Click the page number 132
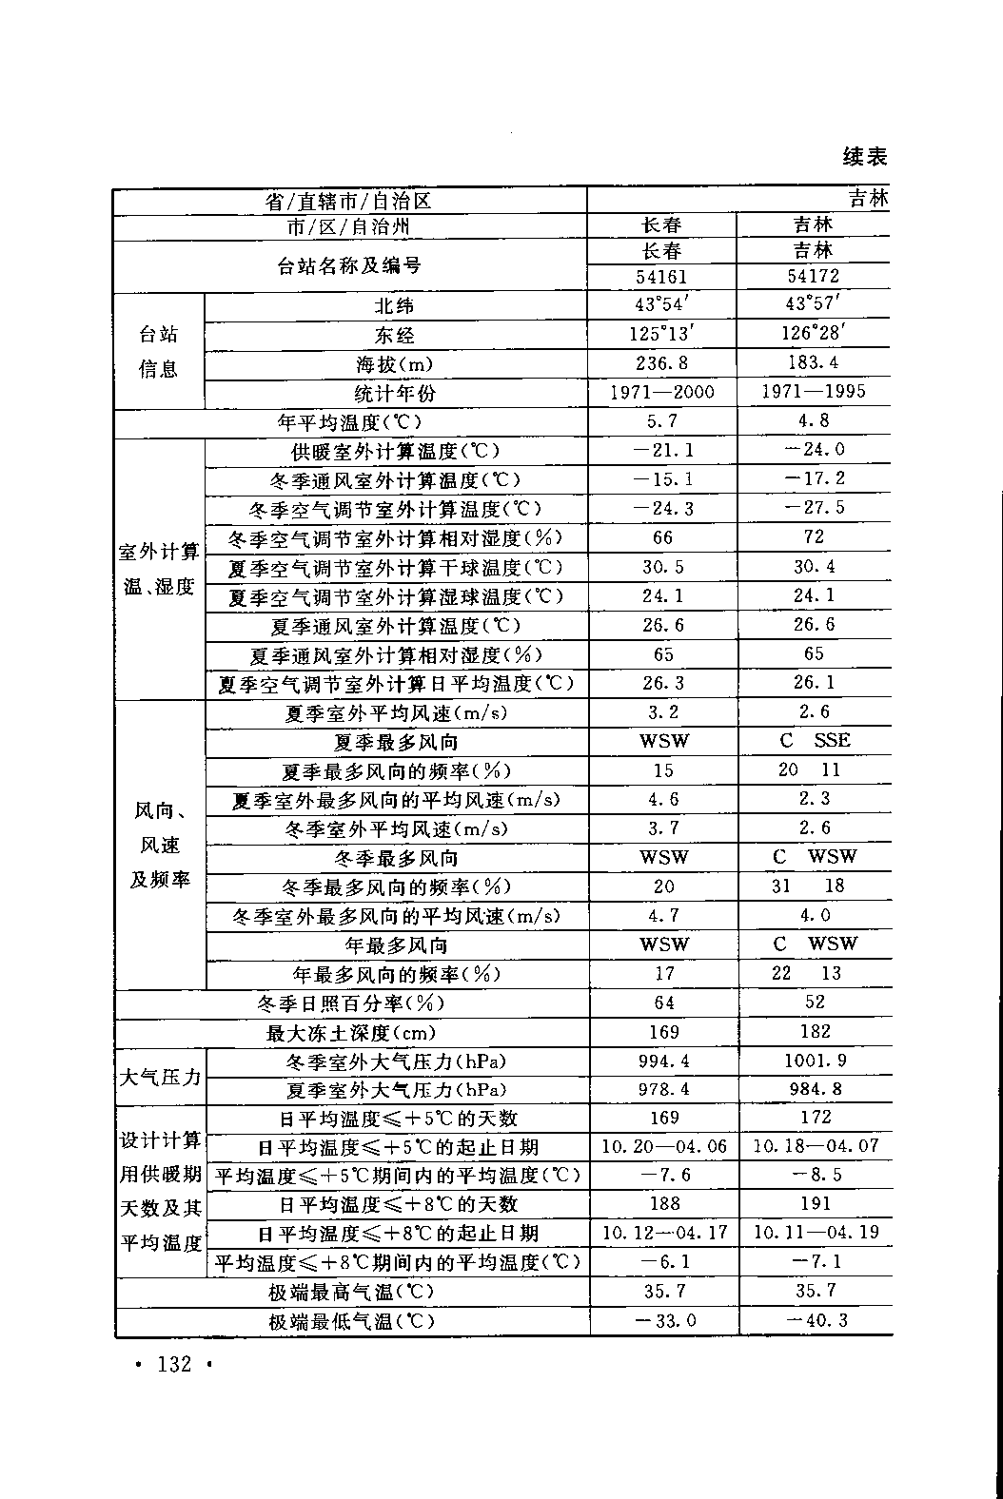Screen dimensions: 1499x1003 174,1365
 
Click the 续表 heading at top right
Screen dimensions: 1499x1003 865,156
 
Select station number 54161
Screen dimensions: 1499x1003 661,277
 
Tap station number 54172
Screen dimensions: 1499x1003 814,277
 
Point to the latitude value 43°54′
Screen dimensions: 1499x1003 662,304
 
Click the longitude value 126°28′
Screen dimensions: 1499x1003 815,333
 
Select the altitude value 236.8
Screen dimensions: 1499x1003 662,362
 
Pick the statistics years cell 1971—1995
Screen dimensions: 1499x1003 815,392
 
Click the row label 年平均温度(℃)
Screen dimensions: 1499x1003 349,421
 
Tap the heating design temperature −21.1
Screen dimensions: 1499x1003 662,450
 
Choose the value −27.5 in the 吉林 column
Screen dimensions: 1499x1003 815,508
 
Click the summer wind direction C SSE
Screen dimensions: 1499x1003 815,740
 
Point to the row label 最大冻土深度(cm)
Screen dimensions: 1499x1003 351,1032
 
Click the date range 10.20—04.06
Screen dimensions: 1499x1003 664,1147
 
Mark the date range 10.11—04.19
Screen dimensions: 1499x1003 816,1233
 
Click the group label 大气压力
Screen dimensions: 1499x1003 160,1077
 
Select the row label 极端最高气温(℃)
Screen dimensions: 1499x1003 351,1292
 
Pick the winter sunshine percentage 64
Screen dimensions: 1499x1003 663,1003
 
